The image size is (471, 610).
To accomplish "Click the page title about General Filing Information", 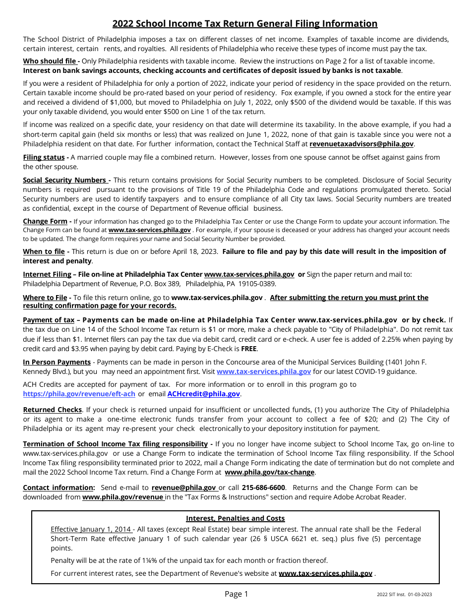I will click(x=245, y=24).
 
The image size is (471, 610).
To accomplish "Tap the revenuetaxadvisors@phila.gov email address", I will click(x=361, y=144).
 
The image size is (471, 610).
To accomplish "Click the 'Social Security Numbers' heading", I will click(x=65, y=180).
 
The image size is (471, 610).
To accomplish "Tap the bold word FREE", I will click(x=249, y=349).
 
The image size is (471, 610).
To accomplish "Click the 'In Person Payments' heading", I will click(x=57, y=362).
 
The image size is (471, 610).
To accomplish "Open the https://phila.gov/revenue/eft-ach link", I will click(x=79, y=394).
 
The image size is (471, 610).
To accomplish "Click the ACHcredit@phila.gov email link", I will click(x=204, y=394).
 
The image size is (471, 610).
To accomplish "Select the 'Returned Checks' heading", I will click(x=53, y=410).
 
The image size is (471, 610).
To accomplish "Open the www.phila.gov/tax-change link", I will click(x=270, y=472).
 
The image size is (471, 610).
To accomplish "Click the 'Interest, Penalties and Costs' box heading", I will click(x=235, y=518).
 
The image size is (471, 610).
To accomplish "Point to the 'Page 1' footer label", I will click(x=236, y=594).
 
